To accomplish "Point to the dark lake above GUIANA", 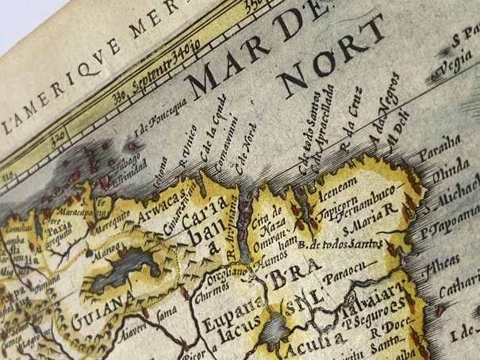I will (119, 277).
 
